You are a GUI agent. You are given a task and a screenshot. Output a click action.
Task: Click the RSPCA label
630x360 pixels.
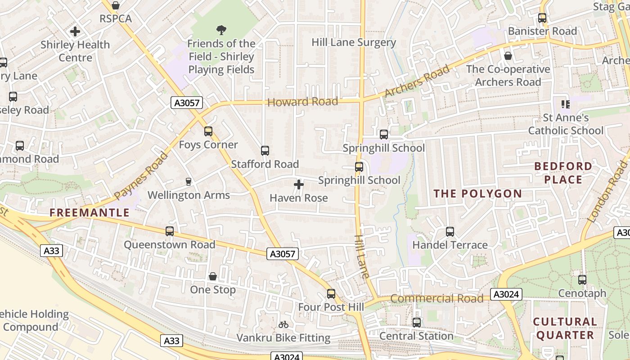point(116,19)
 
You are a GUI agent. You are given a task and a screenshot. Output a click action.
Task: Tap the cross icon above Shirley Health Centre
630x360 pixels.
point(75,31)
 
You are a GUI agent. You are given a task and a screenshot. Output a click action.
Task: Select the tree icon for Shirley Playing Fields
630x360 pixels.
point(221,30)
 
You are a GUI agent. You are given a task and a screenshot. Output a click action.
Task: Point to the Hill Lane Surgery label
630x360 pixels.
point(354,43)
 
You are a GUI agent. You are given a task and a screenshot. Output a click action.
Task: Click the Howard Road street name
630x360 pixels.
point(302,102)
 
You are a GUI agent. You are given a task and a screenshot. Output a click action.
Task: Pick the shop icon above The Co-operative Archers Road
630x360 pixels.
point(508,56)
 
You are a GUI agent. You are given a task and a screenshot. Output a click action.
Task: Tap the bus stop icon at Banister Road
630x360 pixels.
point(542,18)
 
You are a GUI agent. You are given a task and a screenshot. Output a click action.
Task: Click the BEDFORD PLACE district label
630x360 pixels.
point(563,173)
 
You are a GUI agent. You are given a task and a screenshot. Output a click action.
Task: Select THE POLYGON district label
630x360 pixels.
point(478,194)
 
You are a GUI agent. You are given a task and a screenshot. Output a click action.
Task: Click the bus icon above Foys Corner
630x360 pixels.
point(208,131)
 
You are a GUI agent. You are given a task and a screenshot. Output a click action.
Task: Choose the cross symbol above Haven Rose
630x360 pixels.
point(299,184)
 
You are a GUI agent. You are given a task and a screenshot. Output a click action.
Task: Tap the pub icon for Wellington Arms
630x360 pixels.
point(189,182)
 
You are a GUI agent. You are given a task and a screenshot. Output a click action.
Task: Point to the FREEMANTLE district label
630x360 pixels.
point(90,213)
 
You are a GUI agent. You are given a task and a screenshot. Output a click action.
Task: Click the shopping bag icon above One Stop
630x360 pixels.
point(213,276)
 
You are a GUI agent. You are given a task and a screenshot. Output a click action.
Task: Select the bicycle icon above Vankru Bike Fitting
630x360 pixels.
point(283,324)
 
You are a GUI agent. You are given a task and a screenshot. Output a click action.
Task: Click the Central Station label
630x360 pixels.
point(416,336)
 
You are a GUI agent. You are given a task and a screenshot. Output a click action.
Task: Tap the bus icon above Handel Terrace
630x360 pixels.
point(450,232)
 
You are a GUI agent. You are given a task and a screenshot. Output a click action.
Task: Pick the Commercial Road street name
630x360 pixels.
point(436,299)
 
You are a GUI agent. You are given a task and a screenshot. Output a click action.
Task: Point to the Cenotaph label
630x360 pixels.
point(582,293)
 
